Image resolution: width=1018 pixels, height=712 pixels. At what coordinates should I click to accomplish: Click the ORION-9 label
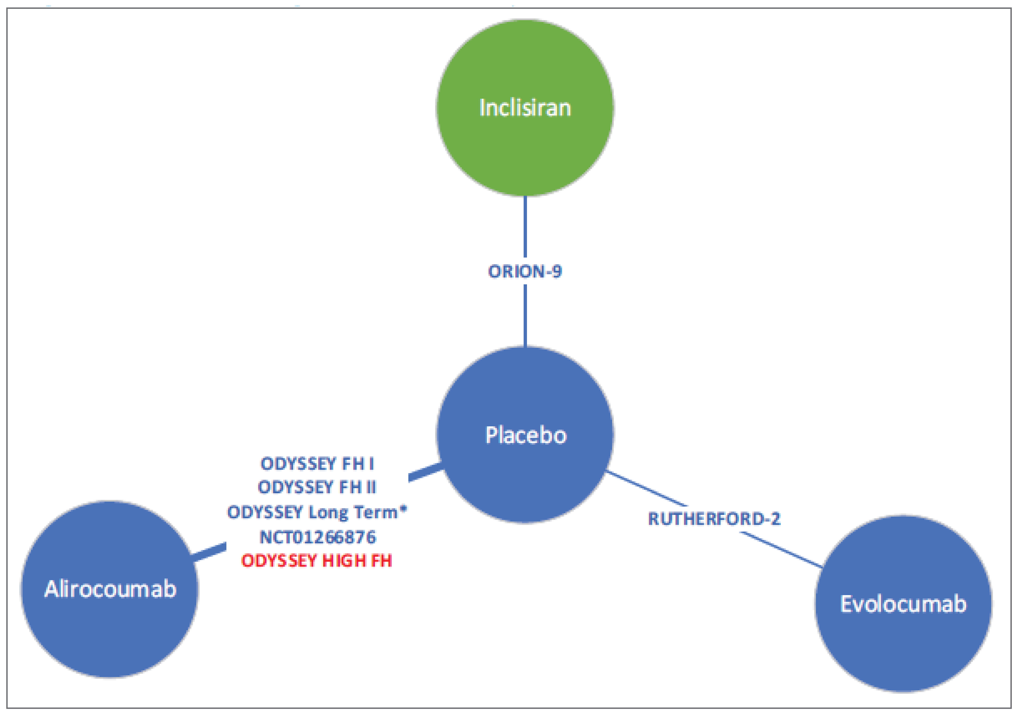pyautogui.click(x=525, y=271)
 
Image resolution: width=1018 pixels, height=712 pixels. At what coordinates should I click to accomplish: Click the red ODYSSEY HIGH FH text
pyautogui.click(x=317, y=561)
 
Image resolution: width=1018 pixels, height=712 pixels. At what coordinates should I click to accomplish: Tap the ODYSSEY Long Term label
pyautogui.click(x=317, y=512)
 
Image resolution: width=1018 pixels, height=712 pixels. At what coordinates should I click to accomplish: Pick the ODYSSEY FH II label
pyautogui.click(x=317, y=487)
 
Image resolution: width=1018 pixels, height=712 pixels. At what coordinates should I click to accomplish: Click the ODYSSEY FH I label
pyautogui.click(x=317, y=464)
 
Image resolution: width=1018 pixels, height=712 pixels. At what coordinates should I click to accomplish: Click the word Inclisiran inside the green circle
pyautogui.click(x=525, y=108)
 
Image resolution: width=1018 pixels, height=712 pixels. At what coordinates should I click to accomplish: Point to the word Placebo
pyautogui.click(x=526, y=435)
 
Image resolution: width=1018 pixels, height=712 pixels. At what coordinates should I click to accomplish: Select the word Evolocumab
pyautogui.click(x=903, y=604)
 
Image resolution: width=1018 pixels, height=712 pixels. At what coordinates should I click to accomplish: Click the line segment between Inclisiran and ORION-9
pyautogui.click(x=525, y=226)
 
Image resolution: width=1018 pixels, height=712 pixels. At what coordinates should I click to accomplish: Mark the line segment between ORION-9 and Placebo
pyautogui.click(x=525, y=315)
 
